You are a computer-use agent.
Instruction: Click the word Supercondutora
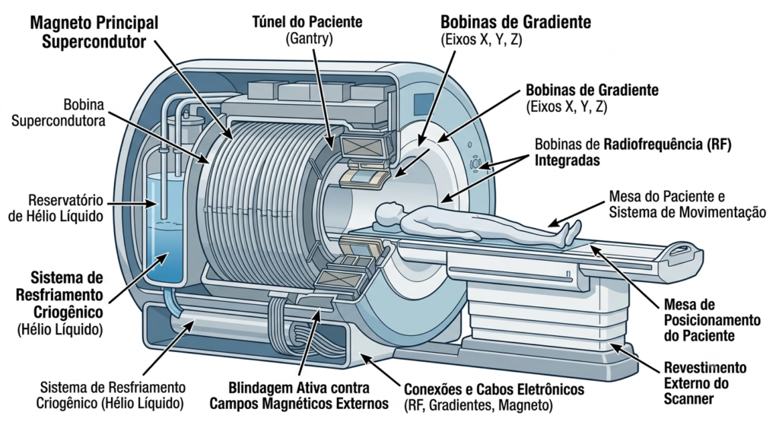coord(58,121)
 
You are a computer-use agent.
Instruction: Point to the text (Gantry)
coord(309,38)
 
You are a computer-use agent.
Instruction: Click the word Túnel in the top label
coord(269,22)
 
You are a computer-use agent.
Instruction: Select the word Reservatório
coord(65,201)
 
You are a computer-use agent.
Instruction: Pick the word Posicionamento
coord(712,320)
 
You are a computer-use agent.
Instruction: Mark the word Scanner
coord(688,398)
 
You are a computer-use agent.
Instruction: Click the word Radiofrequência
coord(650,144)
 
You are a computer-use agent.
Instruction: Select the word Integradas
coord(567,161)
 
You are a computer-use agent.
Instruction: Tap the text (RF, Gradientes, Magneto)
coord(479,406)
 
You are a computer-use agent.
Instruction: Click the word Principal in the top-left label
coord(126,23)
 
